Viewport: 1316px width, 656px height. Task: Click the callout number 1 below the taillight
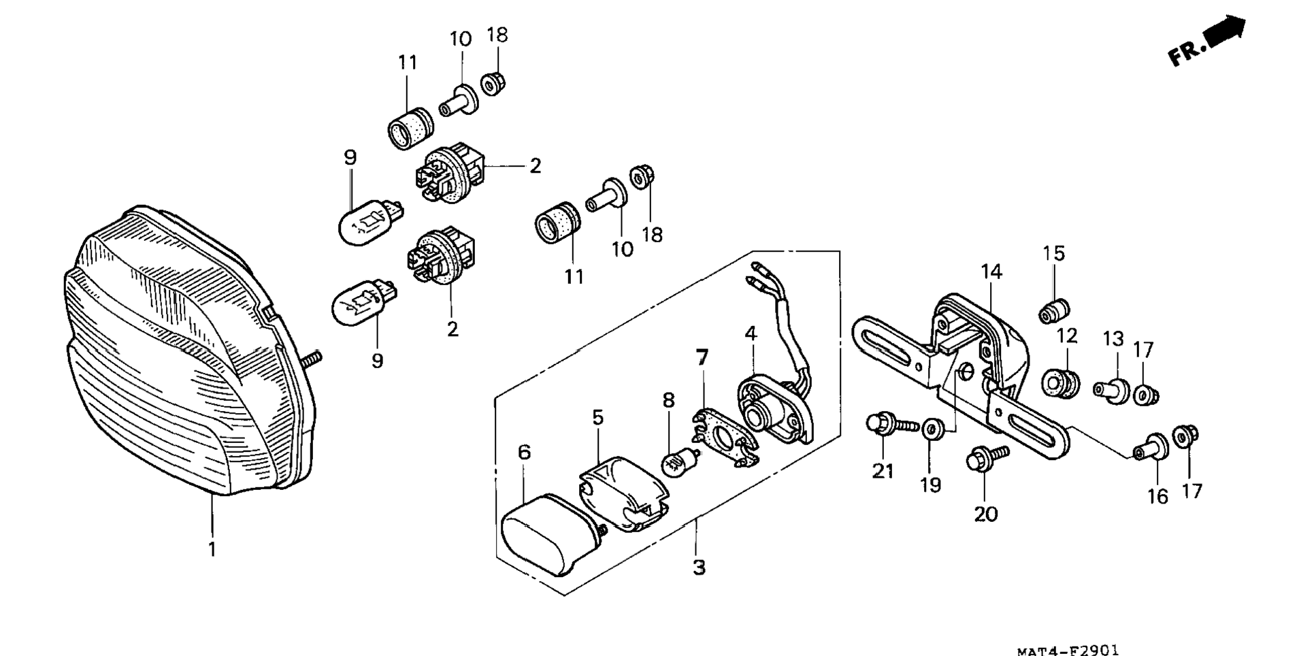coord(212,549)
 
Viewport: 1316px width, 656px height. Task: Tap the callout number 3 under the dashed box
coord(699,567)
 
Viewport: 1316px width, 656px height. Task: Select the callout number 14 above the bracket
coord(991,272)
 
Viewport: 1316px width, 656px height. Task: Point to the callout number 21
coord(883,471)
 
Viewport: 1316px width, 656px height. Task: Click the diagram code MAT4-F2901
coord(1068,651)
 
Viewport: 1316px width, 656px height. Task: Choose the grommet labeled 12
coord(1061,384)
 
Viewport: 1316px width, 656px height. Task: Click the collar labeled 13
coord(1112,391)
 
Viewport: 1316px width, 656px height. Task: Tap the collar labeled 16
coord(1151,448)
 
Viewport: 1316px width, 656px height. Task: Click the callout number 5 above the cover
coord(597,417)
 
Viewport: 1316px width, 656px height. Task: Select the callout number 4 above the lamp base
coord(751,333)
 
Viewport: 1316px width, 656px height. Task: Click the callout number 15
coord(1053,254)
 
